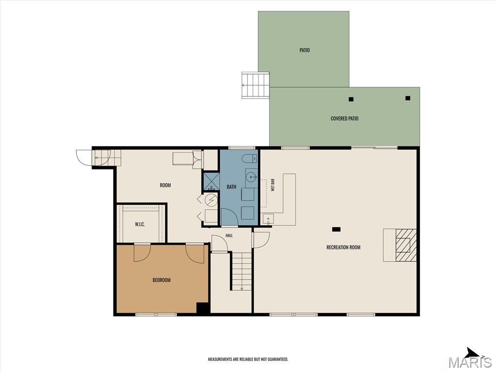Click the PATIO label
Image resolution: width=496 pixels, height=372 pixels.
(x=305, y=50)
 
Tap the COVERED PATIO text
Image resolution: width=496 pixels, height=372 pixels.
(x=344, y=119)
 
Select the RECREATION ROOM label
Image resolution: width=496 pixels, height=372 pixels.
(x=343, y=248)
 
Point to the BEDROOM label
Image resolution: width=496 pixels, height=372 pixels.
(x=162, y=280)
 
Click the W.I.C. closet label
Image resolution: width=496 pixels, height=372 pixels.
(x=140, y=224)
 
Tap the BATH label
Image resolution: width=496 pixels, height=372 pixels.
(x=231, y=187)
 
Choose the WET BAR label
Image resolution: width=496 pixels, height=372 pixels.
(x=273, y=185)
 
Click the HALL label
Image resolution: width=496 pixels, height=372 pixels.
(x=229, y=236)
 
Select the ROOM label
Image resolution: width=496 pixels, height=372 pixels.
(x=166, y=186)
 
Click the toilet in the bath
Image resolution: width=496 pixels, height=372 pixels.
(x=250, y=158)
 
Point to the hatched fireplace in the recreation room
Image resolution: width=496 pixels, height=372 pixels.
(x=406, y=245)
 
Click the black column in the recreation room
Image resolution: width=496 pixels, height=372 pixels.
(x=336, y=229)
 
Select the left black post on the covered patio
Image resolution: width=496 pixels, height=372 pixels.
(x=351, y=99)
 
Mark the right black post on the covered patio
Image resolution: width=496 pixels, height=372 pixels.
(x=408, y=98)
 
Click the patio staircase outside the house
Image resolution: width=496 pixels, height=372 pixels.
(x=256, y=85)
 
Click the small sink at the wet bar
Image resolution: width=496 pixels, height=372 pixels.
(x=268, y=218)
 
